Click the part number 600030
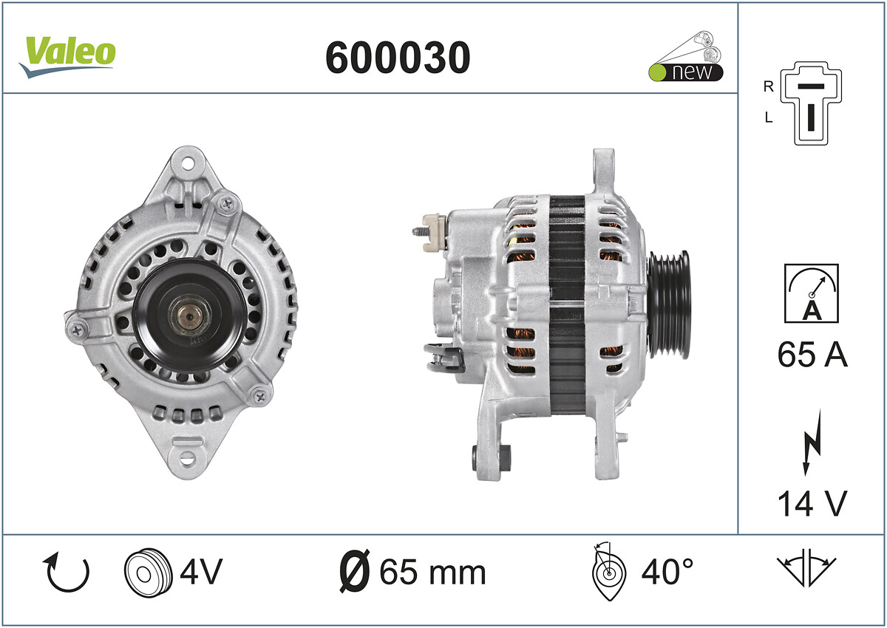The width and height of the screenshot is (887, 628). pyautogui.click(x=398, y=58)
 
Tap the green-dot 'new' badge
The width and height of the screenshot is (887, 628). pyautogui.click(x=685, y=72)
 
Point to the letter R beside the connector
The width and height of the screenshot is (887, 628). pyautogui.click(x=768, y=86)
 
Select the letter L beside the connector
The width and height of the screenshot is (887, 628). pyautogui.click(x=769, y=117)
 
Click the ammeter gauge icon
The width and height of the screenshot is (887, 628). pyautogui.click(x=812, y=293)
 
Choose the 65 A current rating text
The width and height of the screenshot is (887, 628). pyautogui.click(x=812, y=354)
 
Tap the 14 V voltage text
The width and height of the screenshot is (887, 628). pyautogui.click(x=812, y=503)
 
